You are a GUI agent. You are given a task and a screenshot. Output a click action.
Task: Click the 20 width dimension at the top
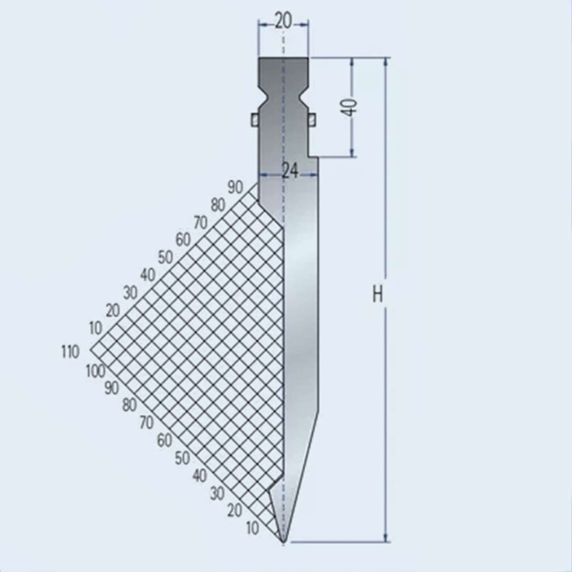[283, 21]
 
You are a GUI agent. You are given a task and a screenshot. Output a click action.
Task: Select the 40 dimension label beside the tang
[350, 107]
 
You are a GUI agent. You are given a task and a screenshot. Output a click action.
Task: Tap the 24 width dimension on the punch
[290, 170]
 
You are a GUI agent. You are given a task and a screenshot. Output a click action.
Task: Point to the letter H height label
[378, 296]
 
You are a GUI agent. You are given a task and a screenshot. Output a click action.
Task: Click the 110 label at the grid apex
[70, 352]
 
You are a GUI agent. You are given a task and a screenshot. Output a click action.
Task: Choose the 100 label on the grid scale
[96, 370]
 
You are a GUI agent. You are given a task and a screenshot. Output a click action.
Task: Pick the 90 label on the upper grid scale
[235, 187]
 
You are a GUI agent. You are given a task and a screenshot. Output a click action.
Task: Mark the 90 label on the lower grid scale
[112, 388]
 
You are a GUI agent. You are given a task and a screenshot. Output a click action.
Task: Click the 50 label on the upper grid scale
[165, 257]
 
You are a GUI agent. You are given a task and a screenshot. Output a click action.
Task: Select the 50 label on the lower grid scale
[182, 458]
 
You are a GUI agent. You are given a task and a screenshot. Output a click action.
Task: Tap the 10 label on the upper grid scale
[95, 328]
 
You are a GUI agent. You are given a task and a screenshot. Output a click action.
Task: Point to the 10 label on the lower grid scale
[253, 528]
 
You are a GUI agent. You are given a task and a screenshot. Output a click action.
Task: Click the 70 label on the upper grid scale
[200, 222]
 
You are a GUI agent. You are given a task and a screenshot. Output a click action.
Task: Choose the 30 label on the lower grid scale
[217, 493]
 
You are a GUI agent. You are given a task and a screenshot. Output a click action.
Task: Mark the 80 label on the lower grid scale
[129, 406]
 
